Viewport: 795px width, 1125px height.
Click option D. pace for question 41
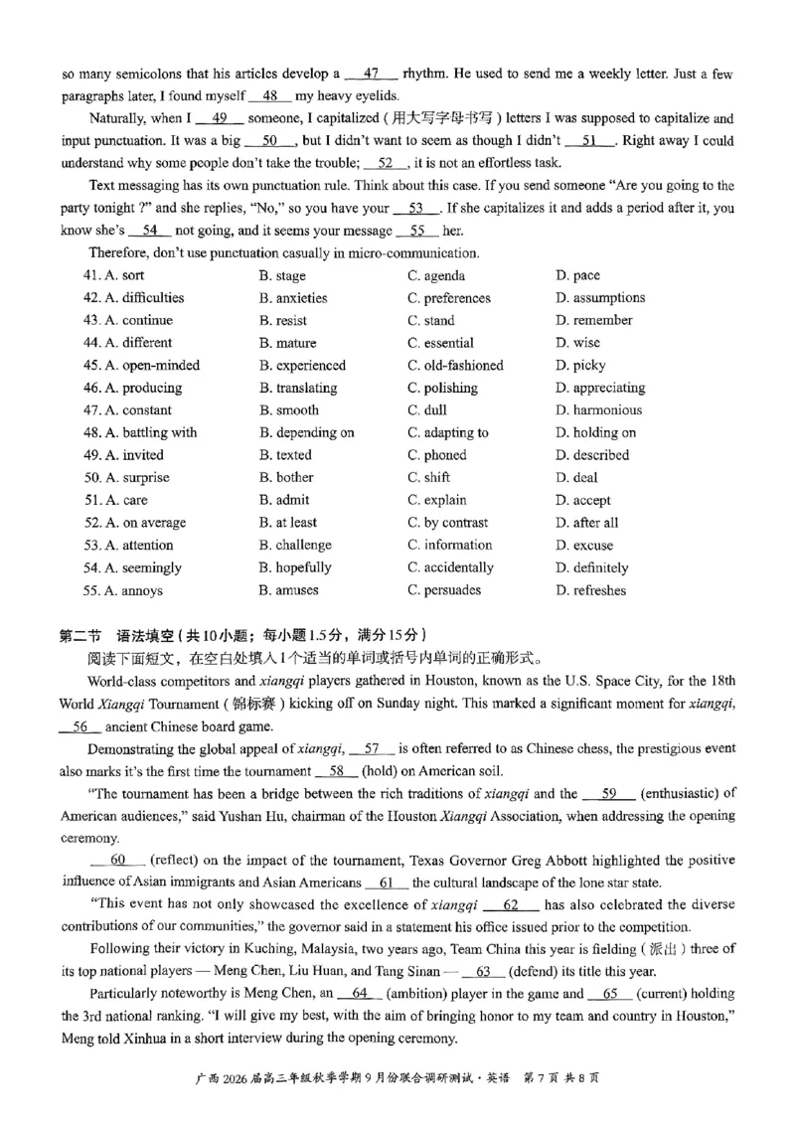point(577,275)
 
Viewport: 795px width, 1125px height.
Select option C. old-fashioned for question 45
point(455,365)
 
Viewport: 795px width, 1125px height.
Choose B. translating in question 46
point(297,388)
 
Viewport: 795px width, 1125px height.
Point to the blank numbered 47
point(373,74)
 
